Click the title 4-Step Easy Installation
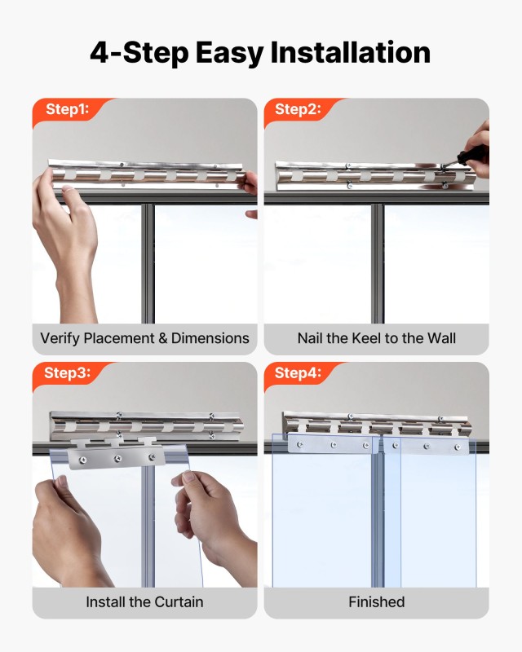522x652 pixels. (x=260, y=53)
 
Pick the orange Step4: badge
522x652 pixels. (x=298, y=373)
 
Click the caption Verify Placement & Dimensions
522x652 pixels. (x=144, y=338)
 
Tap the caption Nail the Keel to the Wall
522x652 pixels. (x=376, y=338)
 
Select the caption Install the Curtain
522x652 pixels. (x=144, y=602)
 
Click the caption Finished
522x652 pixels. (x=376, y=602)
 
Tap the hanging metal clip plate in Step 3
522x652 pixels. (x=117, y=454)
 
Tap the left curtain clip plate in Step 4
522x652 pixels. (x=326, y=444)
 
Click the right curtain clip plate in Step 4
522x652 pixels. (x=431, y=446)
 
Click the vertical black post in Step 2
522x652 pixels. (x=378, y=261)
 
